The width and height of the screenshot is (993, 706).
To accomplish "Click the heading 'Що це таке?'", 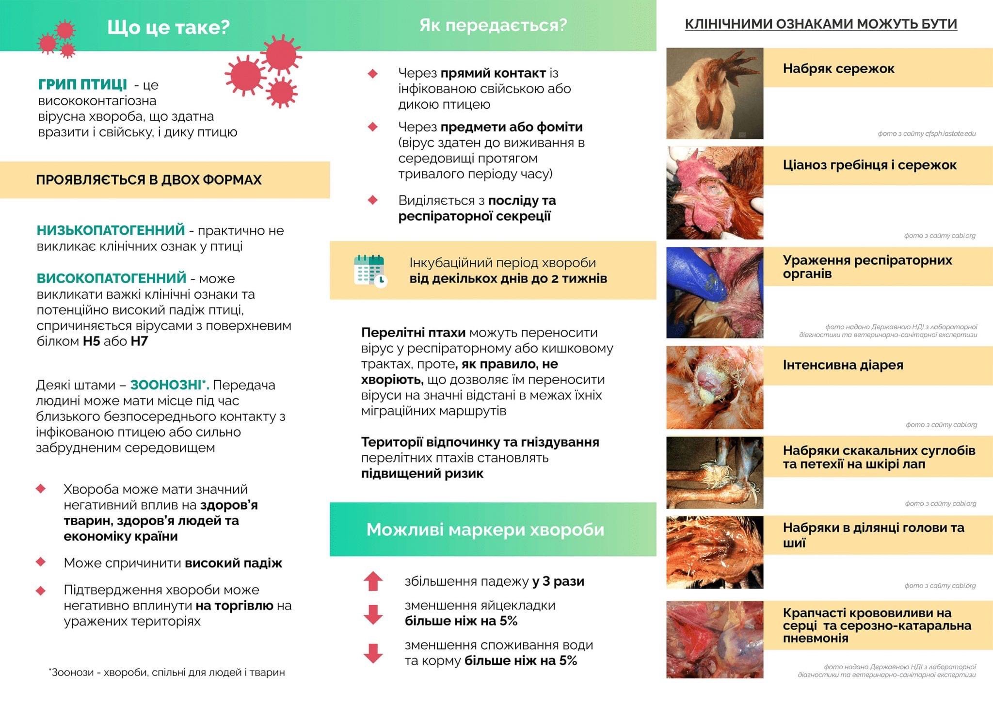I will (168, 27).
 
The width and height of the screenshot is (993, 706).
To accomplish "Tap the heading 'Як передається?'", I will (493, 25).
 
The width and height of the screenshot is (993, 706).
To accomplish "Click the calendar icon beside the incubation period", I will (370, 271).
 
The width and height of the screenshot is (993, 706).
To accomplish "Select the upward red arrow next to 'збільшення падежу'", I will (373, 581).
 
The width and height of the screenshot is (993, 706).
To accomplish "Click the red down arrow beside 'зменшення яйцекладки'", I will (373, 614).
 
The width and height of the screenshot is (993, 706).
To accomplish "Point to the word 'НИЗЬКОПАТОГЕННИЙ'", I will (111, 230).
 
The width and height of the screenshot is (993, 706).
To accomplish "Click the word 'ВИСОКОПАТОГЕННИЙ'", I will (112, 278).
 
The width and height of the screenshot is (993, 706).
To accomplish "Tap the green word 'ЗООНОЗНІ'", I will (169, 385).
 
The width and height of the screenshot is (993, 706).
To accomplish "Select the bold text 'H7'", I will (139, 341).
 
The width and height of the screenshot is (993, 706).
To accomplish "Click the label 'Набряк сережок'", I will (838, 68).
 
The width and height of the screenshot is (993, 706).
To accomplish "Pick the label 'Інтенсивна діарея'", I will (843, 365).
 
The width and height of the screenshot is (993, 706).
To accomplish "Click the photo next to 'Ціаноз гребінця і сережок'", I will (715, 193).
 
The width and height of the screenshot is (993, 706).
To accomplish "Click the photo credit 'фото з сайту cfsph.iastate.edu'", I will (926, 133).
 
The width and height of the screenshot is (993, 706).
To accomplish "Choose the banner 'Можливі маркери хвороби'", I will (485, 529).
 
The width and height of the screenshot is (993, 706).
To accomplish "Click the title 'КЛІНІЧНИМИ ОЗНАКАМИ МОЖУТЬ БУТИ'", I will (820, 24).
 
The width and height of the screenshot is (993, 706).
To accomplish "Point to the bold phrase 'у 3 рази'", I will (558, 581).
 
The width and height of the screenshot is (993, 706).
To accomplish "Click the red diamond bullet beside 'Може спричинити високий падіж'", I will (41, 562).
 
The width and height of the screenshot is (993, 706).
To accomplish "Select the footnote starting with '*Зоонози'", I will (167, 672).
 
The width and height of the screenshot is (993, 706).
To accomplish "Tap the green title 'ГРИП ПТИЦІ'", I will (82, 84).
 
